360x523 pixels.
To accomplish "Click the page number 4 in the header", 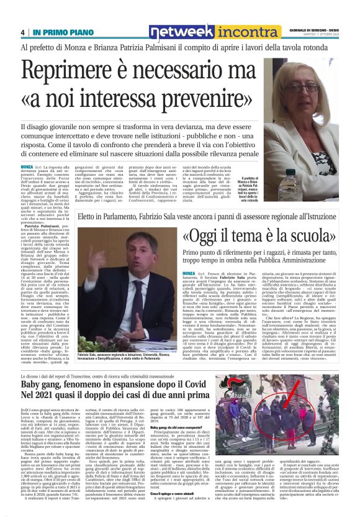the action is pos(23,32).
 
